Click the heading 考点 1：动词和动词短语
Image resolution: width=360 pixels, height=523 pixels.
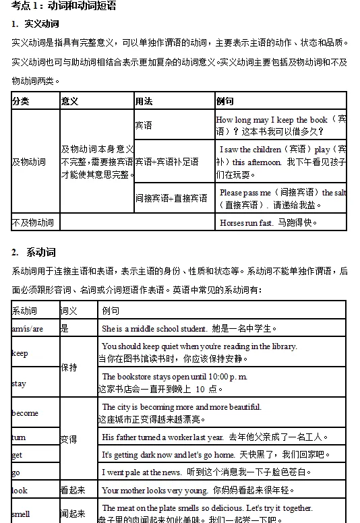coord(59,6)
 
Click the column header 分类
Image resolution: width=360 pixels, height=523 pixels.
coord(21,101)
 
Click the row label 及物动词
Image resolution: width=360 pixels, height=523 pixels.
coord(29,162)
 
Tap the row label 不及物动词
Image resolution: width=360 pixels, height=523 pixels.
coord(33,222)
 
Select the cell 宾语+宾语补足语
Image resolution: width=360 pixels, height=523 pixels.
coord(167,162)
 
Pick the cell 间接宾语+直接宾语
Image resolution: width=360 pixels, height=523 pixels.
coord(171,198)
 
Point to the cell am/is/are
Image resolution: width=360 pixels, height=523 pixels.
coord(28,329)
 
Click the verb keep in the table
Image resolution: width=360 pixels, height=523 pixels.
coord(20,353)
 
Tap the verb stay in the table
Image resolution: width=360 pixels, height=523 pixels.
coord(19,383)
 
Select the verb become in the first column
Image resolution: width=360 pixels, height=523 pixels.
coord(25,413)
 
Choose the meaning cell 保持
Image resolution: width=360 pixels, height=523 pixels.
coord(69,368)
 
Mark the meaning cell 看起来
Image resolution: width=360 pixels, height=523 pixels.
coord(73,490)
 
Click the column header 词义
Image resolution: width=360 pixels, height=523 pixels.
coord(69,311)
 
